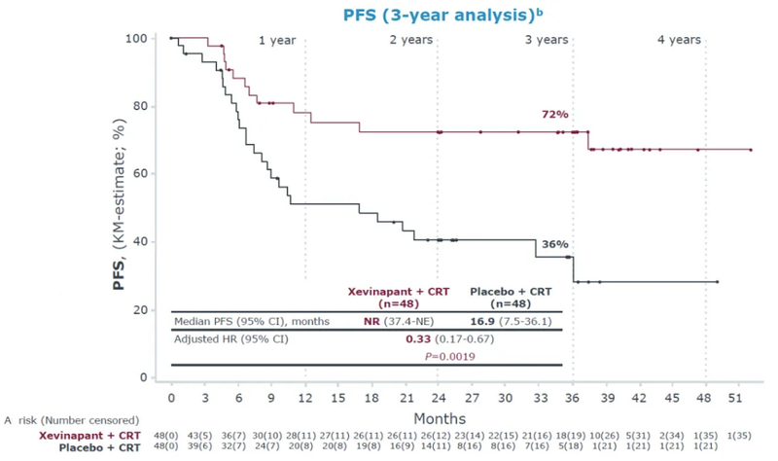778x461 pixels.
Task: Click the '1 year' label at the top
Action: point(277,40)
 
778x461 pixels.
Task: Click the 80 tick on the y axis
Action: point(142,106)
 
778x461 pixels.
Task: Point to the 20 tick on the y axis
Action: point(142,309)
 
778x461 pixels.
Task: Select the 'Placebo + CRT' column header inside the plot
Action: point(513,290)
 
